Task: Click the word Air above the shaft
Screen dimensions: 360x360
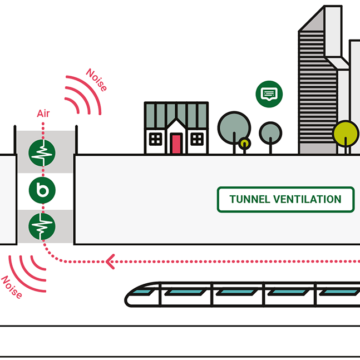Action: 43,114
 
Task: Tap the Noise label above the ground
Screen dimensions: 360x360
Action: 96,80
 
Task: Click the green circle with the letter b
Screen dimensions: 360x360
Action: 43,191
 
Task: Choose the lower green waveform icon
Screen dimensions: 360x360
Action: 43,227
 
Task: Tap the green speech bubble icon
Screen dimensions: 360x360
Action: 269,93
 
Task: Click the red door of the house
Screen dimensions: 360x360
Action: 176,144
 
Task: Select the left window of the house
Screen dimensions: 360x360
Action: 155,139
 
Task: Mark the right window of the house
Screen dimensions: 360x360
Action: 197,139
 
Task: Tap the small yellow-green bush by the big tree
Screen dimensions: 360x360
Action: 244,144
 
